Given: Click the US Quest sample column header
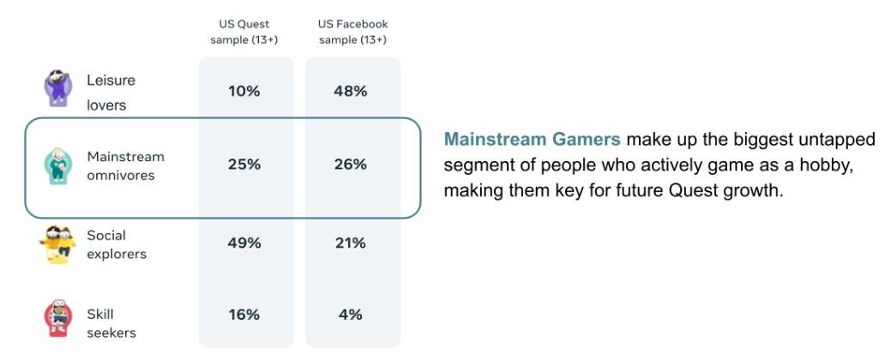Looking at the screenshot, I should tap(244, 32).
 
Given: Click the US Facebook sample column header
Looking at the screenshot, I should tap(352, 32).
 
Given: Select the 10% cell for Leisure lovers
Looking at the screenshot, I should tap(244, 91).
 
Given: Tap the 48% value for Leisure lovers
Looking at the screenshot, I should tap(351, 91).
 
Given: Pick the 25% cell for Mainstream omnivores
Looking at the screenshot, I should tap(244, 165).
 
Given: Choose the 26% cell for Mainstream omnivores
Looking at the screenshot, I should tap(351, 165).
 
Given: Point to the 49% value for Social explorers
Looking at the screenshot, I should tap(244, 243).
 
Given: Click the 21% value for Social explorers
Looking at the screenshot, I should tap(351, 243).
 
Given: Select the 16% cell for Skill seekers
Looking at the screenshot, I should tap(244, 315).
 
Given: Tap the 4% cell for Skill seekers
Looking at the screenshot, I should tap(351, 315).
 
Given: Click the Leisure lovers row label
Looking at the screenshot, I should tap(111, 93).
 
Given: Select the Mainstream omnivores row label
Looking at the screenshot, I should tap(125, 165).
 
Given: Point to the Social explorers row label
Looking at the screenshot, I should tap(117, 244).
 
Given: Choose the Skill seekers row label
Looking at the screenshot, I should tap(111, 322).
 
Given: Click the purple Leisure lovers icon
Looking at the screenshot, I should tap(56, 88).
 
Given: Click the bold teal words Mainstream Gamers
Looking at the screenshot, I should tap(532, 139).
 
